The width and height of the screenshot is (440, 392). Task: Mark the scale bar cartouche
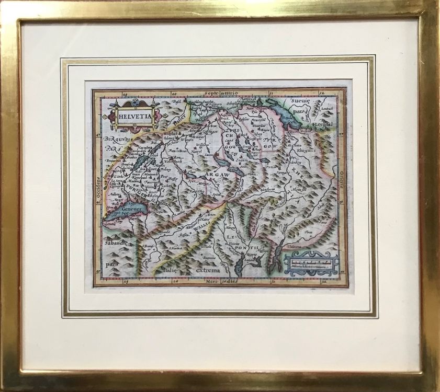[311, 262]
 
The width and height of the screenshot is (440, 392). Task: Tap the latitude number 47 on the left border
[97, 134]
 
